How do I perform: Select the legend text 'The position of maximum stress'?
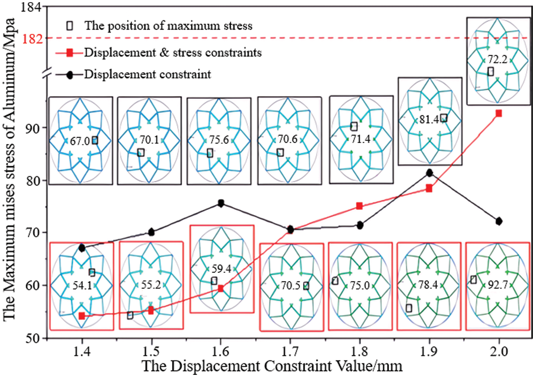pyautogui.click(x=168, y=26)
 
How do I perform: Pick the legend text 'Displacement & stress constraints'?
pyautogui.click(x=173, y=53)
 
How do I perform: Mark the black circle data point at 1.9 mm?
pyautogui.click(x=429, y=173)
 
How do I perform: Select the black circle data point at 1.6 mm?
pyautogui.click(x=221, y=203)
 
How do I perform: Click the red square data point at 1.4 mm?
pyautogui.click(x=82, y=316)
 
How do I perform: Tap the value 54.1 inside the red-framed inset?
pyautogui.click(x=81, y=284)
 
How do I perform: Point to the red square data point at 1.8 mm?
pyautogui.click(x=360, y=206)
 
